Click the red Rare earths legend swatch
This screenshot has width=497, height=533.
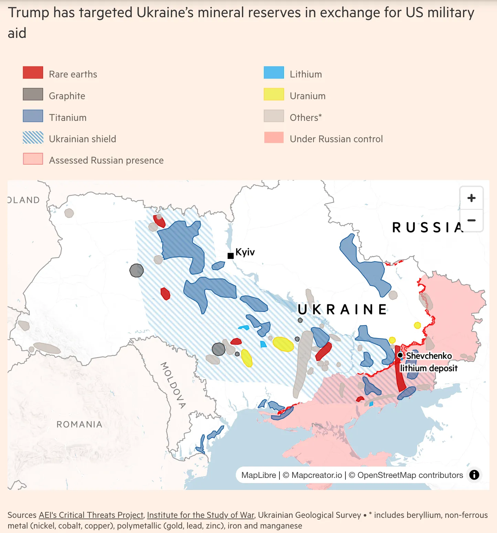coord(33,73)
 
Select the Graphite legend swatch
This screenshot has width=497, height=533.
coord(33,94)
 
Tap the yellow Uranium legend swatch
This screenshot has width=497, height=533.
coord(274,94)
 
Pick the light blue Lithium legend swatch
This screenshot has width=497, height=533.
coord(274,73)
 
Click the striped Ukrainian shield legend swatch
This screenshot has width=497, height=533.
coord(33,138)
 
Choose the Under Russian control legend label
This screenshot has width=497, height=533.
coord(336,139)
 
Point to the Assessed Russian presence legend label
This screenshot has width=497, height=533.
coord(106,160)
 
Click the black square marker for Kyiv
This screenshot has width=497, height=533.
coord(231,256)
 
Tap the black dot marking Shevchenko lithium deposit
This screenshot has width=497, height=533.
coord(400,355)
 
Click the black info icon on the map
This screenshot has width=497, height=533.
coord(474,475)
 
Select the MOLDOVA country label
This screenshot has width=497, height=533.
coord(173,385)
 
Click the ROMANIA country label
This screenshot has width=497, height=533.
coord(79,425)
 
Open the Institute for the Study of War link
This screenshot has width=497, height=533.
coord(200,515)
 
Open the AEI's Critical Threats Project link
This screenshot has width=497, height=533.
coord(91,515)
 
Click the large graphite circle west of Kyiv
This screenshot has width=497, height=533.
coord(137,271)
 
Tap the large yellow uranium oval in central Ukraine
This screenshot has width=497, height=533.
coord(283,344)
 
